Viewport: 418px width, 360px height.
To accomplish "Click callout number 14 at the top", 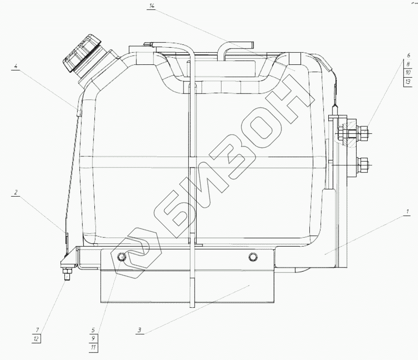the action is tap(152, 6).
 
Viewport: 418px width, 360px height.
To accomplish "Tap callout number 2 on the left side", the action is tap(16, 192).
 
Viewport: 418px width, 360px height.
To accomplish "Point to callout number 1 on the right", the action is tap(407, 212).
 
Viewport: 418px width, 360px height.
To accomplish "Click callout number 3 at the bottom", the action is tap(140, 330).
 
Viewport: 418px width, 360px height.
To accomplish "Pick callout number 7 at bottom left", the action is tap(37, 330).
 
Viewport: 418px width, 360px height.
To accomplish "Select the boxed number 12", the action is tap(37, 339).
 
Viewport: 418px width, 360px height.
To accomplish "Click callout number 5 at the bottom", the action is tap(93, 330).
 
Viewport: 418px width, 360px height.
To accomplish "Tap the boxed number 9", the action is tap(93, 338).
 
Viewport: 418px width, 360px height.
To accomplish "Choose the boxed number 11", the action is tap(93, 347).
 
